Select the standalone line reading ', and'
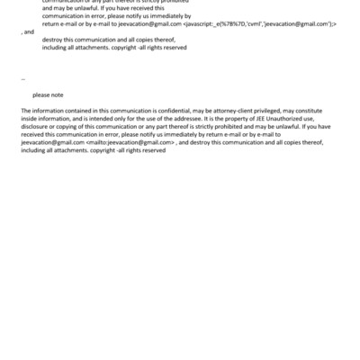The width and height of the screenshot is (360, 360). (x=28, y=31)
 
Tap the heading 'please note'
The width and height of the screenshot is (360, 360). (x=48, y=94)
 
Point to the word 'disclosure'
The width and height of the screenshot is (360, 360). (x=36, y=126)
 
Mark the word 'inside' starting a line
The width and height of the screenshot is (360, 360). (x=30, y=118)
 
